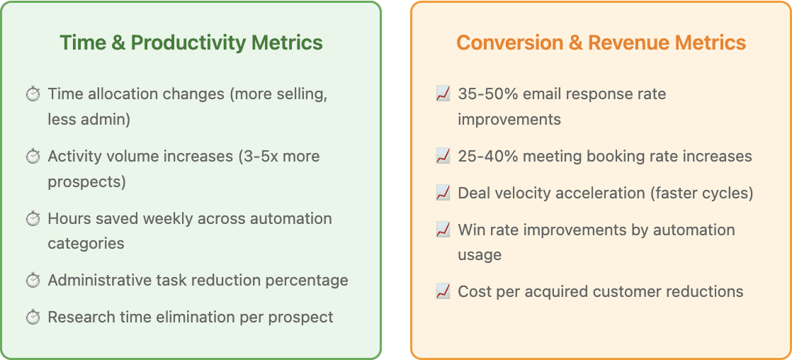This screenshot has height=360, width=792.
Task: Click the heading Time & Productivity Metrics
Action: [191, 43]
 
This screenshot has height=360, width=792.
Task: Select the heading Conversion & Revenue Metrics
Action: [601, 43]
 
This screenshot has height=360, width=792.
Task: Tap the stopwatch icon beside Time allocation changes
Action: [33, 94]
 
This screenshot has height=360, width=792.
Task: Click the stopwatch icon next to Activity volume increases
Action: [33, 156]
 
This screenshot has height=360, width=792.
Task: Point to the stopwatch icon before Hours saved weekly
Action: [33, 218]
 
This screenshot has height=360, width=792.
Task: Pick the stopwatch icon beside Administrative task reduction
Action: [33, 280]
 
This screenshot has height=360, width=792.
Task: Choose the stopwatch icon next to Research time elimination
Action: [33, 317]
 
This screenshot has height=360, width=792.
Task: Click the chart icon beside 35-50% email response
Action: [443, 94]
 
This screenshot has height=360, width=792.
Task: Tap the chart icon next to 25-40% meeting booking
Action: [443, 156]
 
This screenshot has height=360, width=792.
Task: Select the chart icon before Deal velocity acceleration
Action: [443, 193]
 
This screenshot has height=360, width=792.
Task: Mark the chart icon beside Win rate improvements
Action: [443, 230]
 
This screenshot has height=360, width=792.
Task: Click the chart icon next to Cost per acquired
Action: [443, 291]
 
